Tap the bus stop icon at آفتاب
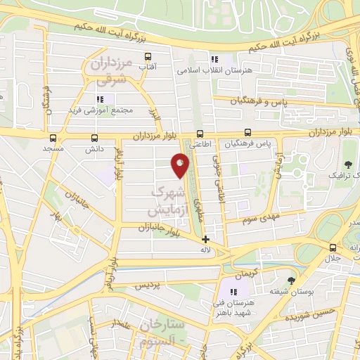coord(148,57)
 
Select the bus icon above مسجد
coord(53,138)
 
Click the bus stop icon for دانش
coord(95,138)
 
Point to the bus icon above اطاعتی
coord(200,134)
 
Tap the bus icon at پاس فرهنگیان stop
coord(247,132)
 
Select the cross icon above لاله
coord(205,239)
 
